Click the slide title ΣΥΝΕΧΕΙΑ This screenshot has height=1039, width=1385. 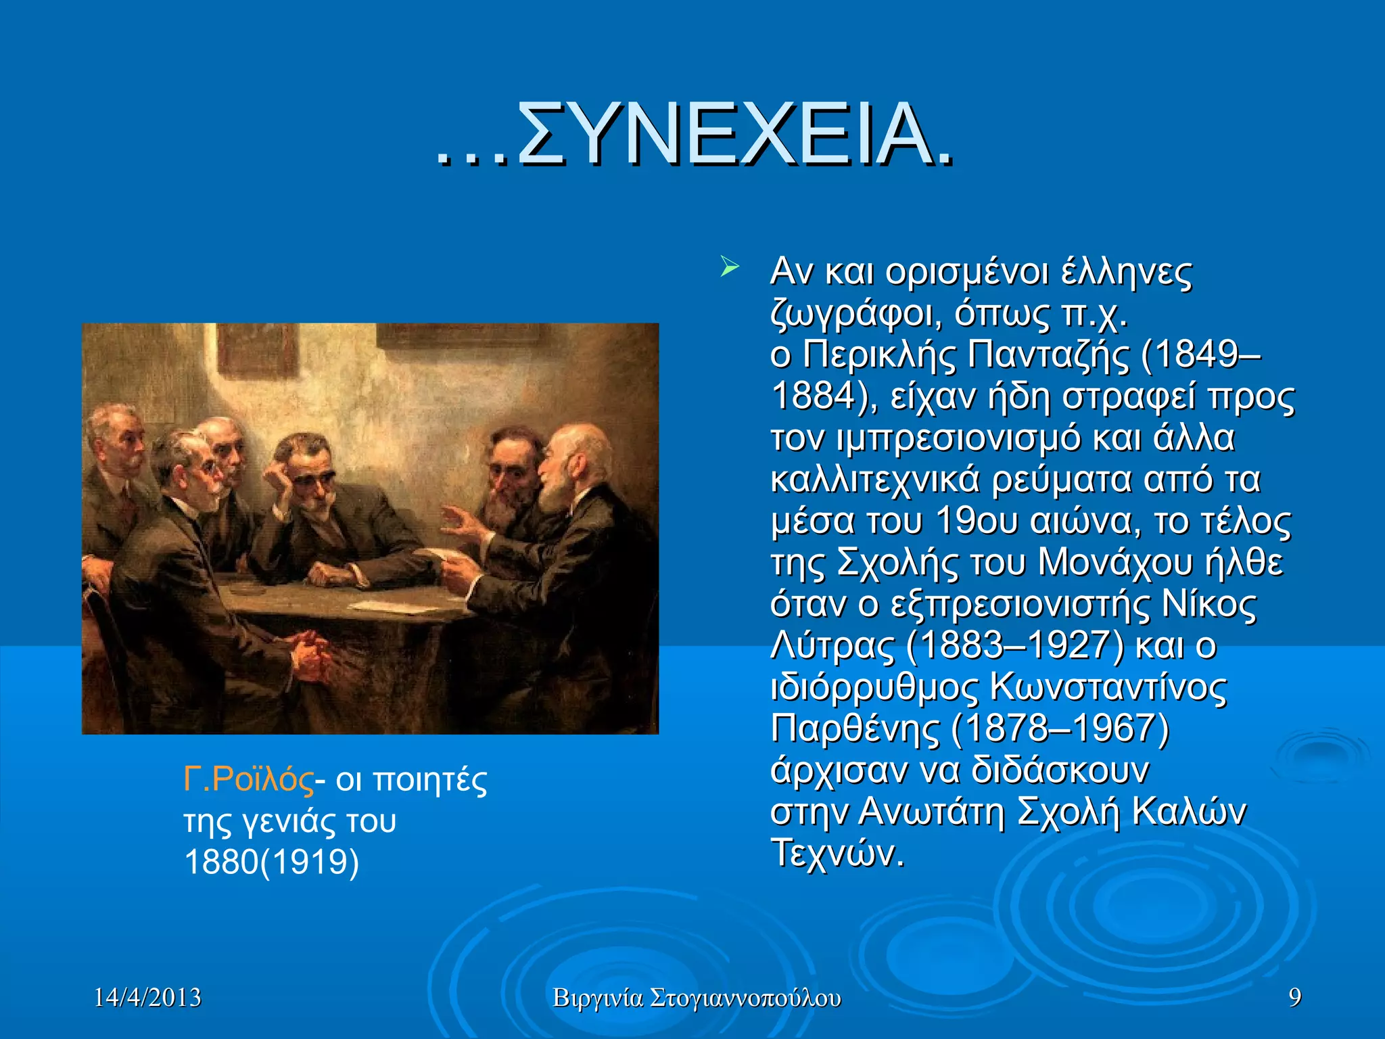pos(697,135)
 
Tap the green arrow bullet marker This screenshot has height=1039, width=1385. pos(728,267)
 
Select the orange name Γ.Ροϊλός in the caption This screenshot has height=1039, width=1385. pos(248,780)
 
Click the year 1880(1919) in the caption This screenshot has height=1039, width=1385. pos(271,862)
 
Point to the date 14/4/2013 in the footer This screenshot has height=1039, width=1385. pos(147,998)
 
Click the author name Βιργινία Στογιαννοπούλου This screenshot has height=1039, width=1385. pos(697,998)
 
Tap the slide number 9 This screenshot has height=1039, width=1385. pos(1294,998)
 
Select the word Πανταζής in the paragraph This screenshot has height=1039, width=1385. pos(1048,354)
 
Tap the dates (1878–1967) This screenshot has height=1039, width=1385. pos(1060,729)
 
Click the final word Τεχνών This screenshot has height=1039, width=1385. pos(837,854)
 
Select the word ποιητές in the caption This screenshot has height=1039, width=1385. pos(430,780)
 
